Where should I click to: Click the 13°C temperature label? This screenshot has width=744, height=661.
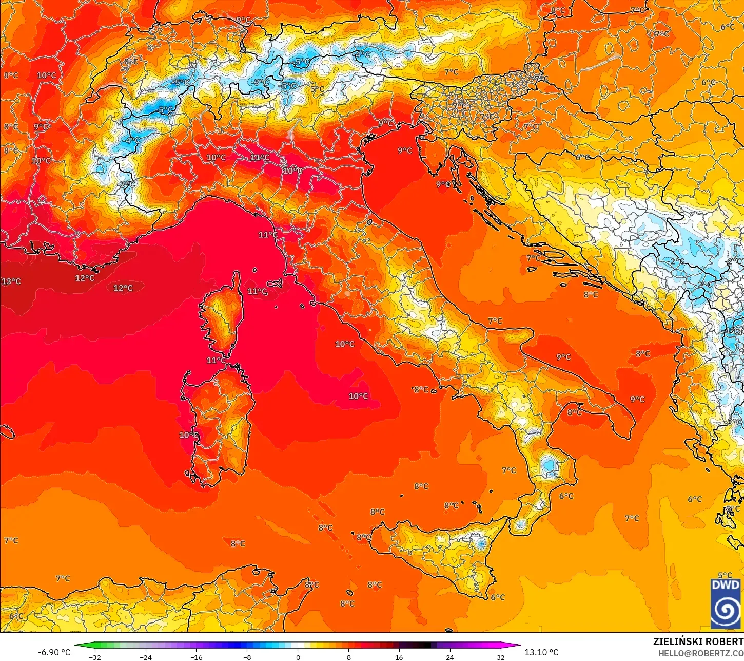(11, 281)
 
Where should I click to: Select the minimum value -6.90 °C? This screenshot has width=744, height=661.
(54, 652)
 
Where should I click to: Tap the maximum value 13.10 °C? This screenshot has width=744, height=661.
(541, 652)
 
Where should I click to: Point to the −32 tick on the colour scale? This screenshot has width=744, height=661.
(94, 657)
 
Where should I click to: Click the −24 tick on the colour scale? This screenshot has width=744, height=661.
(146, 657)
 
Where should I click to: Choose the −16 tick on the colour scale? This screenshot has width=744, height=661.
(197, 657)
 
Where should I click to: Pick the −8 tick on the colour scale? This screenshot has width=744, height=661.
(247, 657)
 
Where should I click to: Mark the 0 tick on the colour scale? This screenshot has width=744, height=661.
(298, 657)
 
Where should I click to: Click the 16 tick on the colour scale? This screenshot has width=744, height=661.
(399, 657)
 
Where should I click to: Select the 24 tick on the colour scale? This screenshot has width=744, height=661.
(450, 657)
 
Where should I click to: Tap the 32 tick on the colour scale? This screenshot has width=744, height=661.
(501, 657)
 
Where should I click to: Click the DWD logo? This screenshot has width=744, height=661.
(726, 603)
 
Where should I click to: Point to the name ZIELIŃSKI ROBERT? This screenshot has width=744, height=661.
(698, 641)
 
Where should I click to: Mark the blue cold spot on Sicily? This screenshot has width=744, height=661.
(481, 543)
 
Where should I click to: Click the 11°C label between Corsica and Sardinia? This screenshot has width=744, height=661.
(216, 361)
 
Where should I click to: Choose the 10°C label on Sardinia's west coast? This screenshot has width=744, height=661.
(188, 435)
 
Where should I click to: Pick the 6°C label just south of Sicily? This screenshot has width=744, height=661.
(498, 597)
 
